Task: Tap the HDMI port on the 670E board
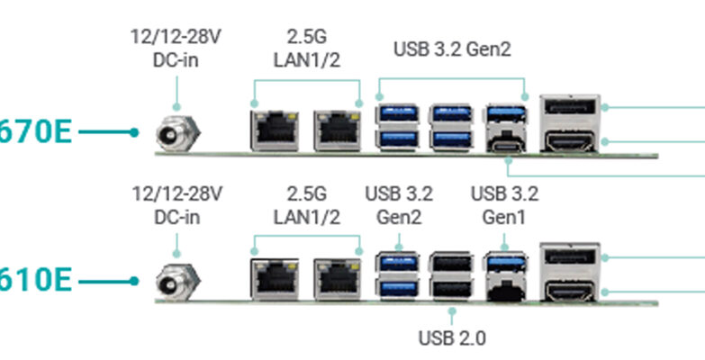coord(569,141)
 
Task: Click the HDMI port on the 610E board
coord(569,290)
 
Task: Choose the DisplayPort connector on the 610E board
coord(569,257)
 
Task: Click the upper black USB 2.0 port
coord(451,263)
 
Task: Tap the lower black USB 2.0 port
coord(451,288)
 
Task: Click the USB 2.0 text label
coord(452,338)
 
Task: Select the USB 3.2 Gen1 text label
coord(504,205)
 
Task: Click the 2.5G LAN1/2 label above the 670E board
coord(307,49)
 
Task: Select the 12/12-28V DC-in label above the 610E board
coord(176,205)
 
